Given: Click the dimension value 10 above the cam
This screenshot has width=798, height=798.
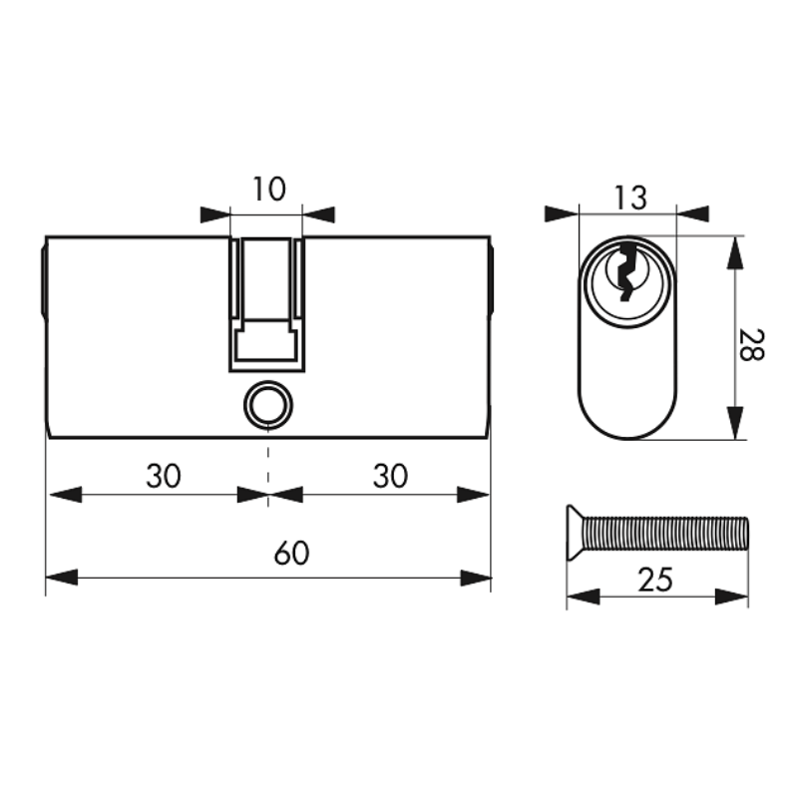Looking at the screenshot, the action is click(x=268, y=189).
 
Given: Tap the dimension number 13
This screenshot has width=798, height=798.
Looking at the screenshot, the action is click(x=630, y=198).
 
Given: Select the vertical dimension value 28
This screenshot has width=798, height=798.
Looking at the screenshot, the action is click(x=752, y=345).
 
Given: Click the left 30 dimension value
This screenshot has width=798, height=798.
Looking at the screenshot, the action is click(x=164, y=476).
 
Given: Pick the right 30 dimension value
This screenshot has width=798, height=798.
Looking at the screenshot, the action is click(x=390, y=476).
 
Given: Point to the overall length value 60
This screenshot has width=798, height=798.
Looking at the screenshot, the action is click(x=291, y=553).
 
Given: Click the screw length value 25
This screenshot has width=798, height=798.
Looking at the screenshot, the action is click(x=655, y=580).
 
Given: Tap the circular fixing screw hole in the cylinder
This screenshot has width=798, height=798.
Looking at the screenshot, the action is click(x=268, y=406).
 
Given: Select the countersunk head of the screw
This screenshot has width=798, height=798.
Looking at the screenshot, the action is click(x=577, y=533).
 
